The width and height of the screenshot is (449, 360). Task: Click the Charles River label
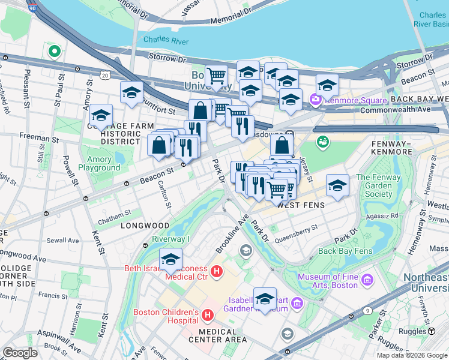(x=166, y=41)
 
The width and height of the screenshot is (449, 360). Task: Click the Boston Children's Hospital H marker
(x=208, y=315)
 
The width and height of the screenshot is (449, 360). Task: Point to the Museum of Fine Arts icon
(x=367, y=280)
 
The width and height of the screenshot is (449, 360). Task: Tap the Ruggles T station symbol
(x=431, y=331)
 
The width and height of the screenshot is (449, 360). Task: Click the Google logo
(x=20, y=353)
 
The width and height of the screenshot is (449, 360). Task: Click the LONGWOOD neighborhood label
(x=145, y=226)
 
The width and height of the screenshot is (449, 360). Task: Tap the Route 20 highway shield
(x=105, y=75)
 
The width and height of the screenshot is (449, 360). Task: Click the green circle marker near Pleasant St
(x=55, y=52)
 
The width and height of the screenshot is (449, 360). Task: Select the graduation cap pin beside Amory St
(x=101, y=115)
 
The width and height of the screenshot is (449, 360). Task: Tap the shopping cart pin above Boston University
(x=216, y=76)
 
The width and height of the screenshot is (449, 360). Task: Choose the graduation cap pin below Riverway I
(x=171, y=259)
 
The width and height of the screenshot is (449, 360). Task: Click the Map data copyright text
(x=412, y=355)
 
